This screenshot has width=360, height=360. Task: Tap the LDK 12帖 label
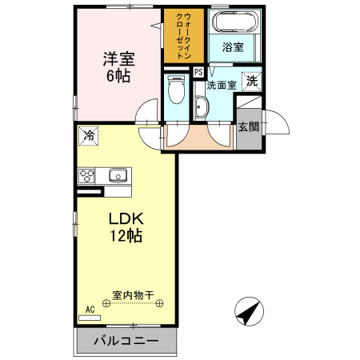pos(126,226)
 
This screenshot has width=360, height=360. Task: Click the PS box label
pos(198,72)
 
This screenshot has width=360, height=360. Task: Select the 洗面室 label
pos(221,84)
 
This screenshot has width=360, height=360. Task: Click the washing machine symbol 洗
pos(252,80)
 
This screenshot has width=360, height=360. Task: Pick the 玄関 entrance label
pos(248,126)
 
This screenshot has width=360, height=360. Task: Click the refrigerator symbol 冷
pos(88,135)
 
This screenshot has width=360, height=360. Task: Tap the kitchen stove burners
pos(87,176)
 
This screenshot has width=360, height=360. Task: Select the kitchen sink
pos(118,175)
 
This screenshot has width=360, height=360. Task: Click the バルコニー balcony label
pos(125,342)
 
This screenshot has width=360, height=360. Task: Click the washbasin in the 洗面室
pos(201,108)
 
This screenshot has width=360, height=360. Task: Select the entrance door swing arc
pos(276,122)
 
